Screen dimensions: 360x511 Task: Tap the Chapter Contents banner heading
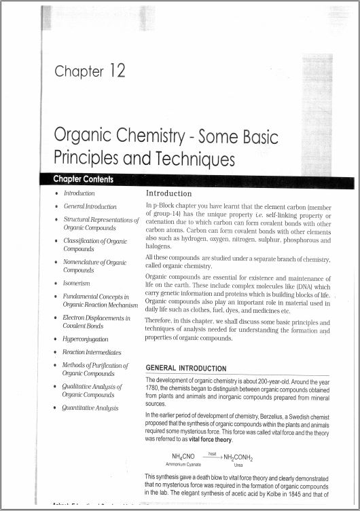[x=84, y=179]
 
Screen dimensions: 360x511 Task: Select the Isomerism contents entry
[x=76, y=282]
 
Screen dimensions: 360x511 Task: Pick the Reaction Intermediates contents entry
[x=92, y=352]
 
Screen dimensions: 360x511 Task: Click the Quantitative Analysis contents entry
[x=90, y=408]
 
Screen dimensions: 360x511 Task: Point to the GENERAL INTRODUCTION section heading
[x=187, y=368]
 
